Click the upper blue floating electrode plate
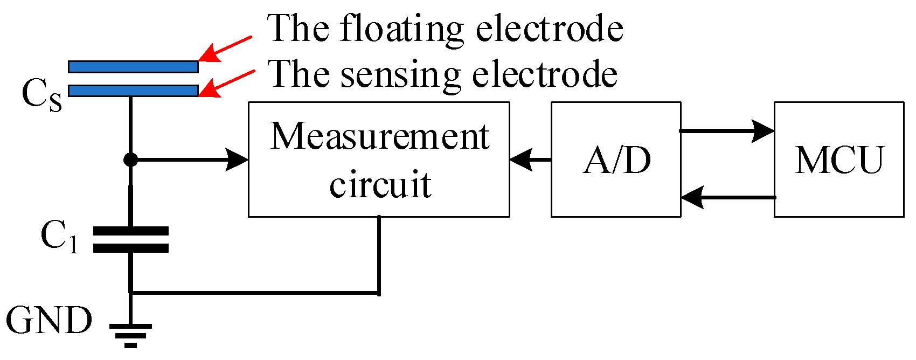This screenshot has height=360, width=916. click(133, 67)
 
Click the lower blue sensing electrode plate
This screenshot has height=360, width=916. click(133, 91)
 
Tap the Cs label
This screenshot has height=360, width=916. click(42, 95)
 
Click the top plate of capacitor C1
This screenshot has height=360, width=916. click(131, 231)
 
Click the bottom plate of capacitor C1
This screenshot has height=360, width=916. click(131, 248)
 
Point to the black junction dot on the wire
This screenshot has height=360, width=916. click(130, 160)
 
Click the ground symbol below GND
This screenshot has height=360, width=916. click(130, 335)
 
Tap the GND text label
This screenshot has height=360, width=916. click(49, 321)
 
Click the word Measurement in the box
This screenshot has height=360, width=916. click(380, 136)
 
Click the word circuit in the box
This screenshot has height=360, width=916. click(380, 185)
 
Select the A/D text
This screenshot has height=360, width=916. click(616, 160)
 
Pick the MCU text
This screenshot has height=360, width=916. click(839, 160)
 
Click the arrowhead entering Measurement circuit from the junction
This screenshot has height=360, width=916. click(237, 160)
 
